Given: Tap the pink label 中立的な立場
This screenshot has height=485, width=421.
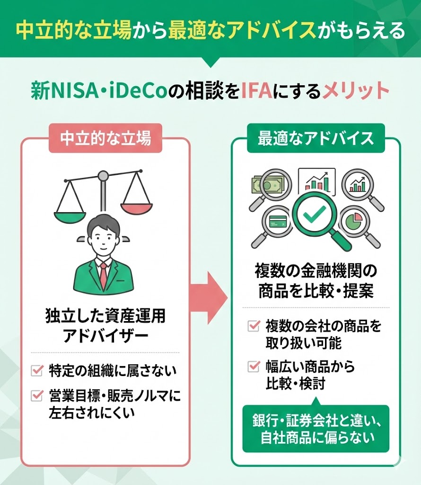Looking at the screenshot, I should [x=106, y=138].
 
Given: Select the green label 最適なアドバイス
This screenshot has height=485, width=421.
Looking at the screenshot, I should [x=316, y=138].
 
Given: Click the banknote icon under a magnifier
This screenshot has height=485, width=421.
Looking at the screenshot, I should [x=267, y=184].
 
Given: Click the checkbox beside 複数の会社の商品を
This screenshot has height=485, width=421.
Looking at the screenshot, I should [x=254, y=326].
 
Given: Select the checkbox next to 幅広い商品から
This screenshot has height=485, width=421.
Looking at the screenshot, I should [x=254, y=366].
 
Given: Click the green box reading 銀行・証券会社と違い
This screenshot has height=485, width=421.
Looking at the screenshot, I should [x=315, y=429].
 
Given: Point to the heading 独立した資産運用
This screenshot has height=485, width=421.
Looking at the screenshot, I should [x=105, y=316].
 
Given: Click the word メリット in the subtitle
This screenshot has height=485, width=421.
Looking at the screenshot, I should [x=355, y=90].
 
